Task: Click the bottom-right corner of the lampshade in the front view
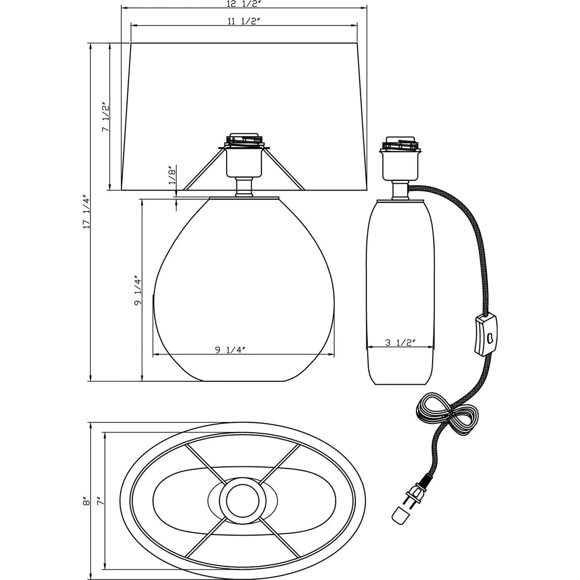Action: pos(367,190)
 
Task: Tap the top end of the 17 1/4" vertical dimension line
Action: pos(90,43)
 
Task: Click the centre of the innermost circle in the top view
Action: pos(243,503)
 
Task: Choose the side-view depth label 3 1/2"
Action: pos(400,343)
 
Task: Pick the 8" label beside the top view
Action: pos(87,501)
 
